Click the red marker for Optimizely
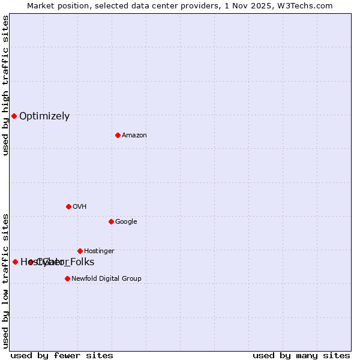click(x=14, y=116)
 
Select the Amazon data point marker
click(x=118, y=135)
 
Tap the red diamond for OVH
click(x=68, y=206)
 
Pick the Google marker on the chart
click(x=111, y=221)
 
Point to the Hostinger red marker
click(x=80, y=251)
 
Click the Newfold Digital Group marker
click(x=67, y=278)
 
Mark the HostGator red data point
click(x=15, y=262)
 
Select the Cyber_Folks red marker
click(x=31, y=262)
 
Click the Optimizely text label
click(x=44, y=116)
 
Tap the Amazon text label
click(x=134, y=136)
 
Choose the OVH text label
click(x=80, y=207)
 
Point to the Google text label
click(x=126, y=222)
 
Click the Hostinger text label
click(x=99, y=251)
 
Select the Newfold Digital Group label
click(x=106, y=279)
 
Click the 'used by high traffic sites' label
click(x=6, y=85)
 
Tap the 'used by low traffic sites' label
click(x=6, y=280)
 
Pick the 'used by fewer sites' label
click(x=62, y=355)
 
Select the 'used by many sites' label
click(x=301, y=355)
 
